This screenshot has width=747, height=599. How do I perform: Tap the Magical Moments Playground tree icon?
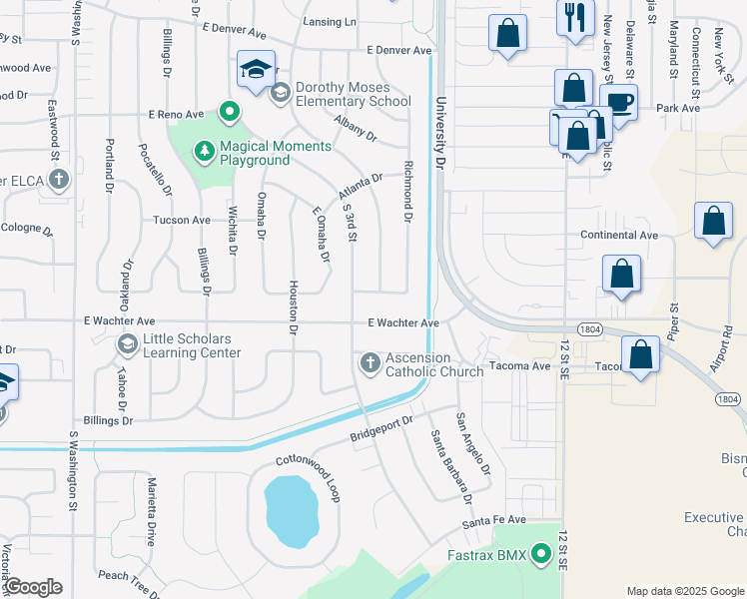pos(205,151)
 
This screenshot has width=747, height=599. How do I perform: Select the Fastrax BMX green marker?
pos(542,552)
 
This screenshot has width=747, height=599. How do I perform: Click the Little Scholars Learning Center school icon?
pos(127,344)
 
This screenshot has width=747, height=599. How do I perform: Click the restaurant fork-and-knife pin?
pos(575,17)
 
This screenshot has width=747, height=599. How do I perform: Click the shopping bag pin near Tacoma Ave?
pos(640,354)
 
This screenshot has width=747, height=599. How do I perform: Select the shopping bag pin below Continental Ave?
pos(621,273)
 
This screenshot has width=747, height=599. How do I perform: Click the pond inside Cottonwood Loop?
pos(292,509)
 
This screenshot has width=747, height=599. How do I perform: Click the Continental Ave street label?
pos(619,236)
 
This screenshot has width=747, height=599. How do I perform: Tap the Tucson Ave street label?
pos(181,220)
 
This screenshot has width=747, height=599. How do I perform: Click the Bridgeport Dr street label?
pos(381,430)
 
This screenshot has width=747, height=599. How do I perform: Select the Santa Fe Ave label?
pos(493,520)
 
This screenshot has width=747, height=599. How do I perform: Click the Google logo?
pos(33,587)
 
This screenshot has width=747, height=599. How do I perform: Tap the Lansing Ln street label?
pos(330,22)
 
